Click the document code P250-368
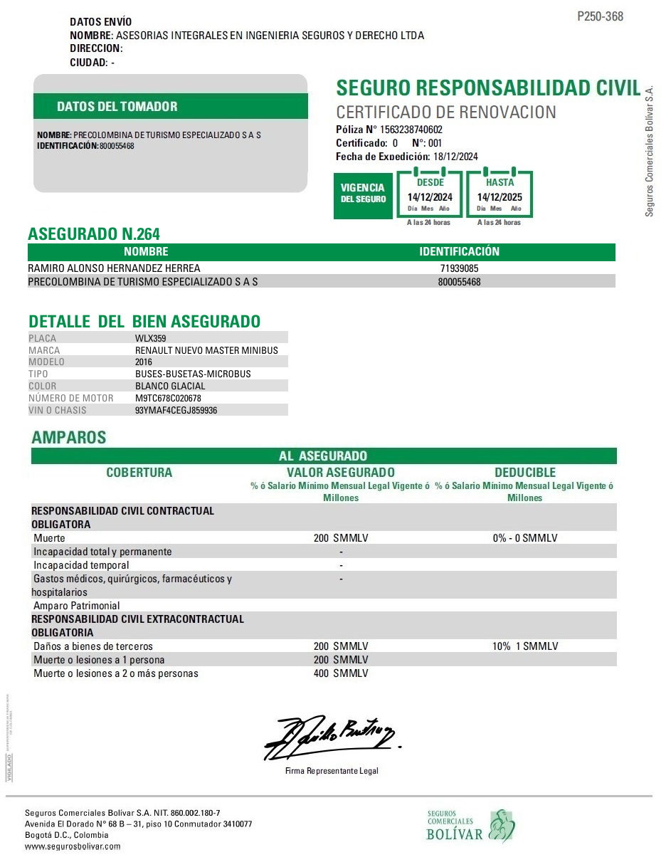pos(600,16)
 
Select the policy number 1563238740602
pos(411,130)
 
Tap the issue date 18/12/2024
pos(455,157)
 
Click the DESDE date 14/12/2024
pos(430,197)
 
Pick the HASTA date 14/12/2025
pos(499,197)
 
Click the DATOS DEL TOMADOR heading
pos(117,107)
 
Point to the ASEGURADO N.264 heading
pos(94,234)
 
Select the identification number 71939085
pos(459,268)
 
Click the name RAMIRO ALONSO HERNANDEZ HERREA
pos(114,268)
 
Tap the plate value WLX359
pos(150,338)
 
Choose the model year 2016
pos(144,362)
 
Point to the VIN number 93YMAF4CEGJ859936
pos(176,410)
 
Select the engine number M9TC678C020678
pos(168,398)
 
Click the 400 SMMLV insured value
pos(341,673)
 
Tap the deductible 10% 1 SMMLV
pos(525,646)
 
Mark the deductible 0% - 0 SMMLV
pos(525,538)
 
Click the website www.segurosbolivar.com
pos(73,846)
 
